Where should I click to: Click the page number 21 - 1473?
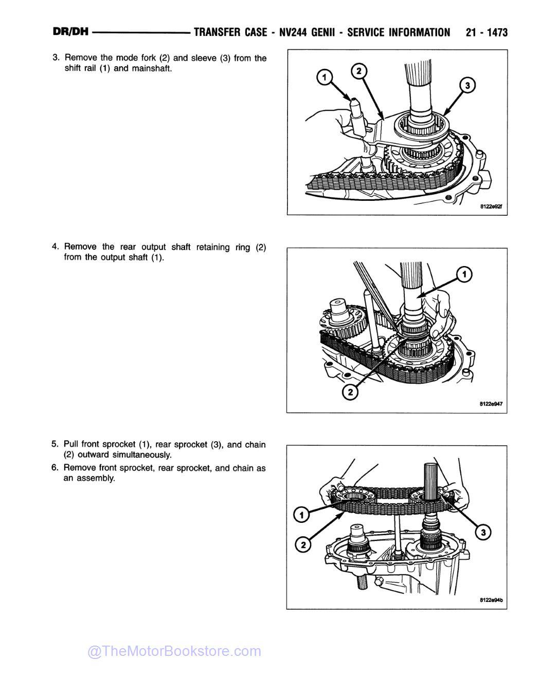tap(486, 33)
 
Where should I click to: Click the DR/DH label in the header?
tap(71, 32)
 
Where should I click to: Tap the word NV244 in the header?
tap(293, 33)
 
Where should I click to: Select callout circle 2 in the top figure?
tap(358, 70)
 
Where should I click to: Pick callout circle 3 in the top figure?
tap(466, 85)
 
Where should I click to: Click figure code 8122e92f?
tap(490, 207)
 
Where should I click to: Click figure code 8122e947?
tap(490, 404)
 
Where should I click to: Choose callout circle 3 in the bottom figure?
tap(482, 533)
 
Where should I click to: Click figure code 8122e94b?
tap(490, 600)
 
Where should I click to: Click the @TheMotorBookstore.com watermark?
tap(174, 651)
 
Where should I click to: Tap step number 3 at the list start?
tap(56, 58)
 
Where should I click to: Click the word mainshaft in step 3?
tap(152, 68)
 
